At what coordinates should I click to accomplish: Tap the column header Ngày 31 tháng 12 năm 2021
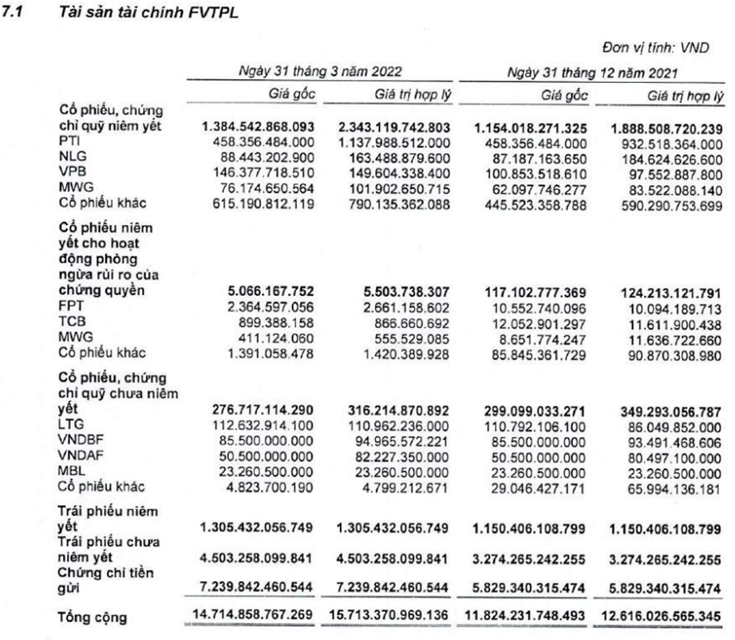point(594,73)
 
